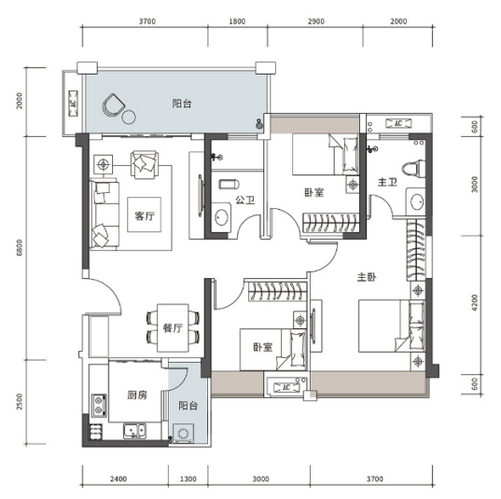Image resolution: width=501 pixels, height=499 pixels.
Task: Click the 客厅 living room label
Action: tap(145, 216)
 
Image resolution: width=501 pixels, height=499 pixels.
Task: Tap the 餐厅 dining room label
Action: tap(173, 327)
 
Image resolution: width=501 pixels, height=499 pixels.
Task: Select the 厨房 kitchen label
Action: tap(137, 395)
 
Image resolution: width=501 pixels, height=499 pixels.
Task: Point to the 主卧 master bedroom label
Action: tap(367, 277)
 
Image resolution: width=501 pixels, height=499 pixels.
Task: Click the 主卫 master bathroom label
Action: tap(387, 182)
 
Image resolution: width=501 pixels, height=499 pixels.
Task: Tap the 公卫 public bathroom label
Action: tap(245, 200)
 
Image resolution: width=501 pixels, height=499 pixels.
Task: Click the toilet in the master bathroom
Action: tap(414, 169)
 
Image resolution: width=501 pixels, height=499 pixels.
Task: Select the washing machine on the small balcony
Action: tap(183, 434)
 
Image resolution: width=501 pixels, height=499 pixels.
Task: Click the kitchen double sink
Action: tap(135, 431)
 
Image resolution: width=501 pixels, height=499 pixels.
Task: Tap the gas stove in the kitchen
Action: tap(99, 406)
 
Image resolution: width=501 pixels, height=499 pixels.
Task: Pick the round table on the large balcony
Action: tap(129, 117)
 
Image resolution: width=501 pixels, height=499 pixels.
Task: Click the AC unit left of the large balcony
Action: tap(74, 104)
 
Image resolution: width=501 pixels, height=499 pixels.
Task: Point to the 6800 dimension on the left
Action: tap(20, 247)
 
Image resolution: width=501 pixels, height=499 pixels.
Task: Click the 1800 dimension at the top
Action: tap(237, 21)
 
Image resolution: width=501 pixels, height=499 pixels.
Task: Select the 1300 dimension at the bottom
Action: tap(188, 478)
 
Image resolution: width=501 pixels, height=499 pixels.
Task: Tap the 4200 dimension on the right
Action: tap(475, 303)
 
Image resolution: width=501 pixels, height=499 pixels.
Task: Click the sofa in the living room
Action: tap(104, 215)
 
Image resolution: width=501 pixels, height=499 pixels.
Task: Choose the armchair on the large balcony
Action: tap(113, 104)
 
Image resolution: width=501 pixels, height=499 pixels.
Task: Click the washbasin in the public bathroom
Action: tap(221, 218)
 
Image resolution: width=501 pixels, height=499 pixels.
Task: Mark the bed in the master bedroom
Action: tap(392, 326)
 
